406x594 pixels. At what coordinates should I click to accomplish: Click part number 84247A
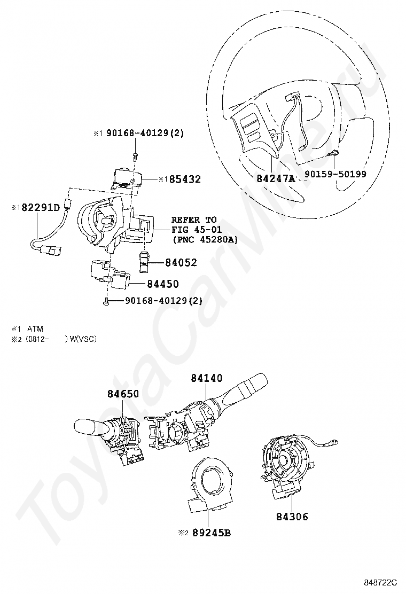(x=275, y=178)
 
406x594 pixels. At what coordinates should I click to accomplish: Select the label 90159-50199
(x=335, y=174)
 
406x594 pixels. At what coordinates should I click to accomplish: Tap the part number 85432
(x=185, y=179)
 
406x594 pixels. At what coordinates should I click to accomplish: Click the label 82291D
(x=41, y=208)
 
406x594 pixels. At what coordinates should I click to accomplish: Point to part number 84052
(x=181, y=262)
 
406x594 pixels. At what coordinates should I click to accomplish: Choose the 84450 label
(x=163, y=284)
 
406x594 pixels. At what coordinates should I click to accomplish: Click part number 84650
(x=123, y=394)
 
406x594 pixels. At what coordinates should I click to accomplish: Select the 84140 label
(x=207, y=378)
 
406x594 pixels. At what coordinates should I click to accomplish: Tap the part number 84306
(x=292, y=517)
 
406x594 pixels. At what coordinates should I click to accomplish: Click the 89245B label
(x=212, y=533)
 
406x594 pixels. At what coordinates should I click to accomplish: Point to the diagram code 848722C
(x=380, y=582)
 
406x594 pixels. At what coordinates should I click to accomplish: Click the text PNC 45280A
(x=205, y=239)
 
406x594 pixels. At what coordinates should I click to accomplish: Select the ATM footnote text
(x=35, y=329)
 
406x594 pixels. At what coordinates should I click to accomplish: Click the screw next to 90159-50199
(x=334, y=153)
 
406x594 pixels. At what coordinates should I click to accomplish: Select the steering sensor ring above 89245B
(x=209, y=486)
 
